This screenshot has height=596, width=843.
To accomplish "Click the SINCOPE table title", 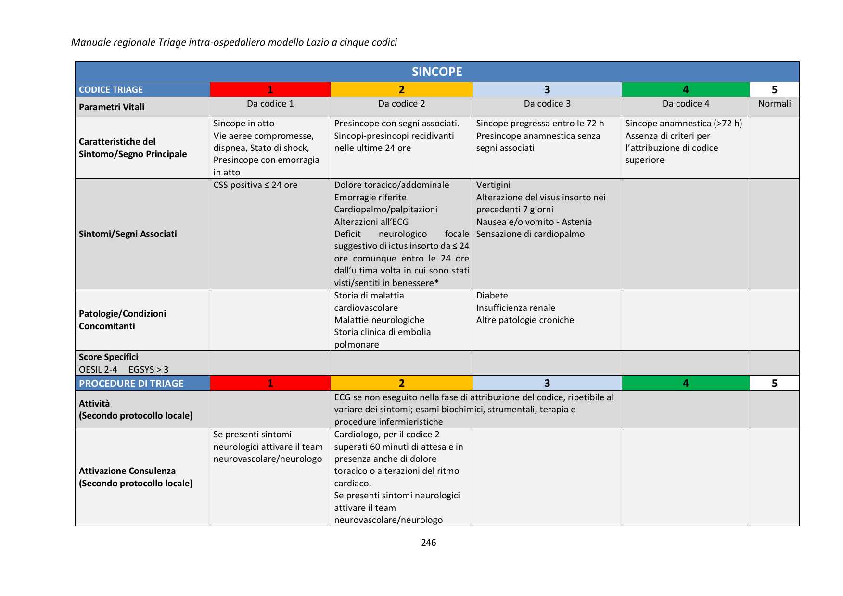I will coord(437,72).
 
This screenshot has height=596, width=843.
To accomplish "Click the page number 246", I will coord(428,542).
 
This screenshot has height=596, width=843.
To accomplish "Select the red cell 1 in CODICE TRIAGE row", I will coord(270,89).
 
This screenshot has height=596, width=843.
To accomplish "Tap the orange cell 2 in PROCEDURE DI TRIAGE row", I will coord(401,383).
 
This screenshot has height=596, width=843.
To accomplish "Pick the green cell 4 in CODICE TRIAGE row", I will coord(685,89).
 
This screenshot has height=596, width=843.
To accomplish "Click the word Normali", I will coord(774,104).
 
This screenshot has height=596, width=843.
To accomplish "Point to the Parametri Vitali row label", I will coord(112,107).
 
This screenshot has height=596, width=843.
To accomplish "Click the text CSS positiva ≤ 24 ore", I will coord(255,185).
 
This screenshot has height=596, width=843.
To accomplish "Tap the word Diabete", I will coord(492,296).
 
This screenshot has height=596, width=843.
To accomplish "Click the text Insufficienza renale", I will coord(515,308).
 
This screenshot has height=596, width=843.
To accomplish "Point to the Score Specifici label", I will coord(108,357).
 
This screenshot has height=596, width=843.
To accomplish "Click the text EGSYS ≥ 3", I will coord(148,370).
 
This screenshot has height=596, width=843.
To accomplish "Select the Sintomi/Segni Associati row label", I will coord(128,234).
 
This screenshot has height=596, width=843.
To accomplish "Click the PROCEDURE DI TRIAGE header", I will coord(131,384).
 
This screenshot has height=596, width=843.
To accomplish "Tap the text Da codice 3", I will coord(547,104).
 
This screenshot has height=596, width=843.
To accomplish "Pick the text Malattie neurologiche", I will coord(379,320).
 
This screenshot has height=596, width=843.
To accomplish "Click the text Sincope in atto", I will coord(243,124).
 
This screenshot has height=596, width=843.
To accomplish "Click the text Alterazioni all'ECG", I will coord(371,222).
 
